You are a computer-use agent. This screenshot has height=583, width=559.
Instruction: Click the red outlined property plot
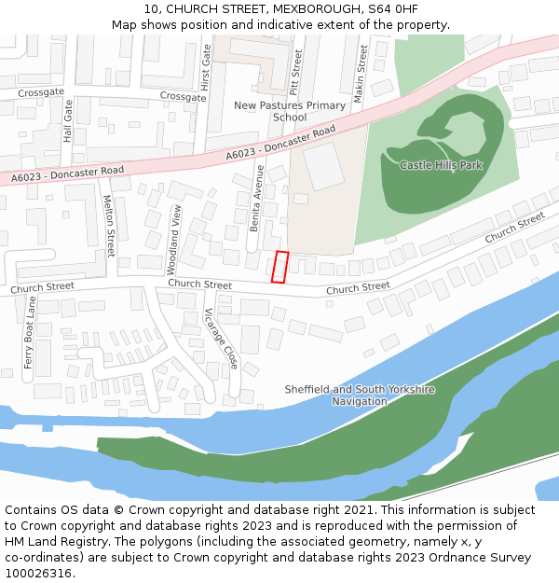click(x=279, y=267)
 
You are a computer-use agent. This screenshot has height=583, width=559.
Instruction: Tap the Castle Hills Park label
click(x=441, y=165)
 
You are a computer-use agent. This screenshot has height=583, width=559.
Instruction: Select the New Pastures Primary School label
click(x=290, y=112)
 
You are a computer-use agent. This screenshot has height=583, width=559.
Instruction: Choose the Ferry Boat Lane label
click(x=30, y=333)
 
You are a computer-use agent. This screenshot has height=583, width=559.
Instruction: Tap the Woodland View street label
click(x=174, y=239)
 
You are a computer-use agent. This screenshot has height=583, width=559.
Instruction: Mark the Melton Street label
click(x=109, y=227)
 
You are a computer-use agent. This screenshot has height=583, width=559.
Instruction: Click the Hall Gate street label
click(x=68, y=121)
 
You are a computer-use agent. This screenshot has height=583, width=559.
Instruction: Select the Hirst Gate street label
click(x=207, y=66)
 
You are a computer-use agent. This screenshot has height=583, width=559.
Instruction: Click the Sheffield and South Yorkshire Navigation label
click(x=359, y=396)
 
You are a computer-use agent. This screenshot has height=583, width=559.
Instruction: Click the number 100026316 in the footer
click(x=40, y=574)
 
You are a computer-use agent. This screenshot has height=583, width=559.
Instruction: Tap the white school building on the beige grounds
click(x=323, y=166)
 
